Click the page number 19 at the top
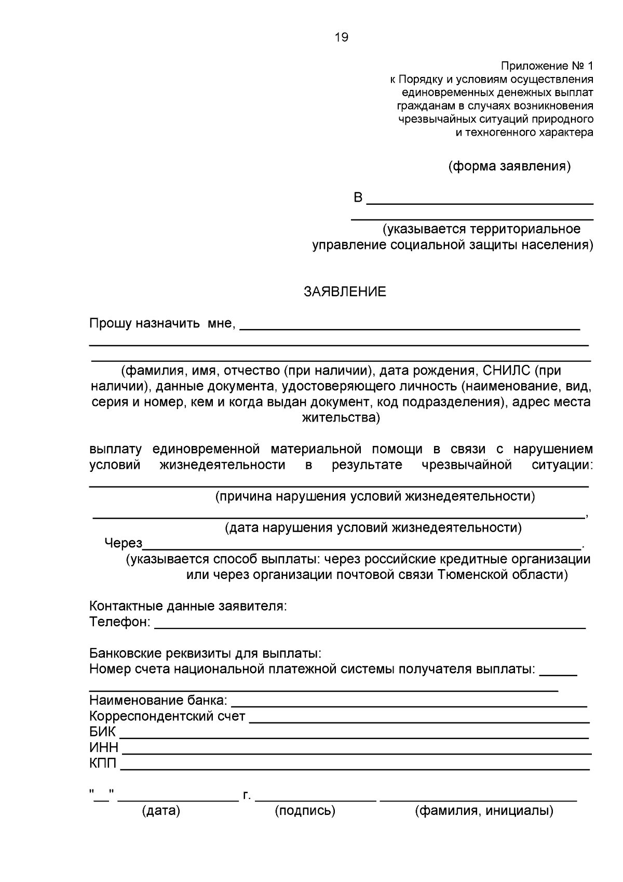click(342, 37)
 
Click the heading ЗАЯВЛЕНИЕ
click(345, 292)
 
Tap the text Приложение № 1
click(546, 66)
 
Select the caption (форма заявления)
click(509, 166)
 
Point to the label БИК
click(103, 732)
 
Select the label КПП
click(103, 763)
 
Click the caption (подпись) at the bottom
click(305, 810)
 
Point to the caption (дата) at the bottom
click(161, 810)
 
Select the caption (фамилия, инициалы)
click(484, 810)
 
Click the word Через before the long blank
click(123, 543)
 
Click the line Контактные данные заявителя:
click(188, 606)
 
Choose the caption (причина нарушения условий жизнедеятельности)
click(375, 496)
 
